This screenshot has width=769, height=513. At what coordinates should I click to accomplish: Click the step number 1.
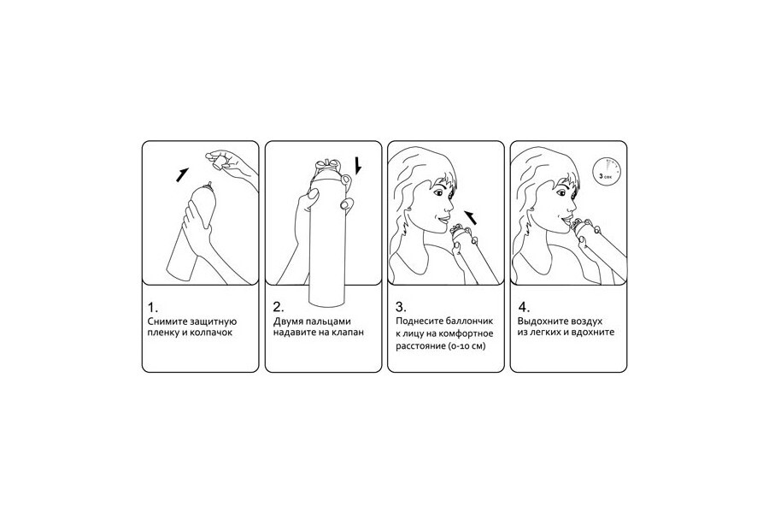[x=153, y=308]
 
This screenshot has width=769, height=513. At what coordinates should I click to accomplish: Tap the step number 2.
[x=278, y=308]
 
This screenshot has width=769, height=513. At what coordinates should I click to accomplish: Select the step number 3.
[x=401, y=308]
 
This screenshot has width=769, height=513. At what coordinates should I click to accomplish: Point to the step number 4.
[x=525, y=308]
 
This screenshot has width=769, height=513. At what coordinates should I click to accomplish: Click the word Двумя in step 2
[x=288, y=322]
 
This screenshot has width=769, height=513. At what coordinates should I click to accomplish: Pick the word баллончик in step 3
[x=469, y=322]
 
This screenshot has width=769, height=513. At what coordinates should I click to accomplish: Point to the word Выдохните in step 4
[x=543, y=322]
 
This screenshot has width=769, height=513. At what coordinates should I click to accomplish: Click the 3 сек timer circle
[x=606, y=172]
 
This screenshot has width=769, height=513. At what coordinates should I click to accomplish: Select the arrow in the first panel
[x=183, y=174]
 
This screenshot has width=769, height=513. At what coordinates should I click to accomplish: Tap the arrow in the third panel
[x=471, y=217]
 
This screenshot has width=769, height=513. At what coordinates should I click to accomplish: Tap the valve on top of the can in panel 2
[x=327, y=166]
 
